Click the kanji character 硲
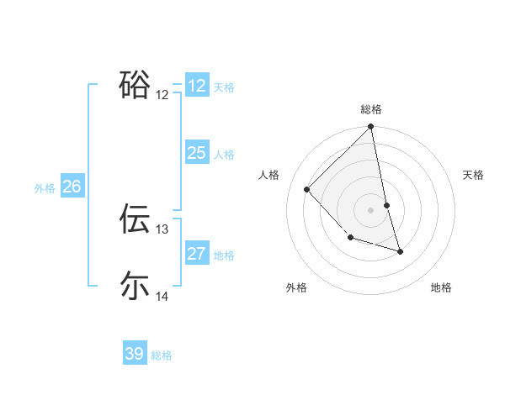tap(135, 85)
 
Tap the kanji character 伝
tap(135, 218)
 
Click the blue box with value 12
tap(197, 86)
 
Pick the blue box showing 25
tap(197, 153)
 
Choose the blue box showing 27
tap(197, 254)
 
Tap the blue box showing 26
tap(72, 187)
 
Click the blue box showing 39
tap(135, 354)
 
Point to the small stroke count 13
tap(162, 229)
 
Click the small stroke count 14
tap(162, 297)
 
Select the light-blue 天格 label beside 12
tap(224, 87)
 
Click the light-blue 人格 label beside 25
tap(224, 154)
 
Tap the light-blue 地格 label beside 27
tap(224, 255)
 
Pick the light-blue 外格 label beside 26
tap(45, 188)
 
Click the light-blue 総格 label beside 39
tap(162, 355)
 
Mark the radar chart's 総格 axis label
tap(371, 109)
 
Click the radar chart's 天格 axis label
tap(474, 175)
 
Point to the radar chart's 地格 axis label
tap(441, 287)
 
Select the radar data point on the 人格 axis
tap(307, 189)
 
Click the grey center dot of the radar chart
tap(371, 209)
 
